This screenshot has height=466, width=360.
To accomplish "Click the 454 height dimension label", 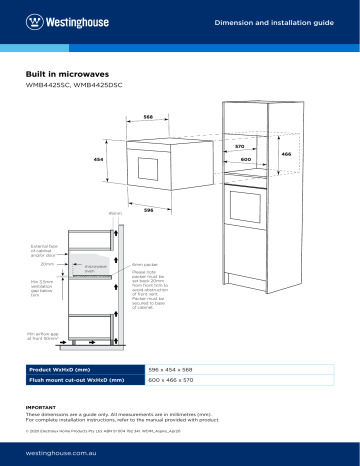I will tap(98, 160).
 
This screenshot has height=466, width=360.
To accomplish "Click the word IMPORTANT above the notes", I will tap(42, 407).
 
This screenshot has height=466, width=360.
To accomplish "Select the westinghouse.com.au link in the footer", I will tap(67, 452).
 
